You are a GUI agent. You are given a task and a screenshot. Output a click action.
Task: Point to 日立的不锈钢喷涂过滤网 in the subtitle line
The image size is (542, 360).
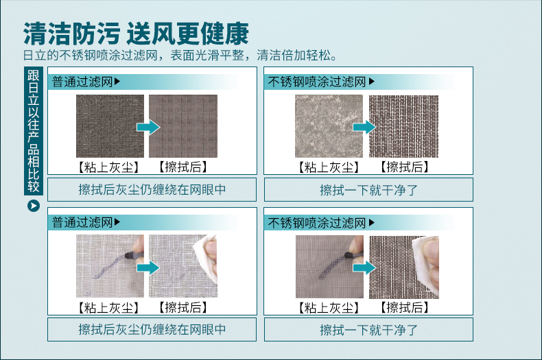(90, 56)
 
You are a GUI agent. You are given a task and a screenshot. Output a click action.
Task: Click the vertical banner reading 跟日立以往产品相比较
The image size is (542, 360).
(34, 131)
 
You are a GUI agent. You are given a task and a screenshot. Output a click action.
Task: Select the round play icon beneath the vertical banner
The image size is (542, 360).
(34, 206)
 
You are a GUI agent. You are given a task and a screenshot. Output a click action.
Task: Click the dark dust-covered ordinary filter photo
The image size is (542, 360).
(110, 126)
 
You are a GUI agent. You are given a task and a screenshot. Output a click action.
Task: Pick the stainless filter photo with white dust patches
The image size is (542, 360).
(329, 126)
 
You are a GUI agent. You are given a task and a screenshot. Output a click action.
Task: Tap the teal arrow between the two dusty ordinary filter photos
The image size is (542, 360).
(148, 127)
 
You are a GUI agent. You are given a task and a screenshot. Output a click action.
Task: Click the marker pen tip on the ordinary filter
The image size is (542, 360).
(128, 256)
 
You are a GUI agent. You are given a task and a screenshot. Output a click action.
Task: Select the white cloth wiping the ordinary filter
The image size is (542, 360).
(205, 257)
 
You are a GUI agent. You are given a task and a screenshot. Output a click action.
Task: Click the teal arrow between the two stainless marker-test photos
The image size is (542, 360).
(364, 267)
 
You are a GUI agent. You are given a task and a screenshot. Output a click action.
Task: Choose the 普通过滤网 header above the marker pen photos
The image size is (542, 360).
(82, 222)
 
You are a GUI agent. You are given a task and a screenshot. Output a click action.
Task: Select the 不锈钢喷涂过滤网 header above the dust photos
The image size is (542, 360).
(317, 82)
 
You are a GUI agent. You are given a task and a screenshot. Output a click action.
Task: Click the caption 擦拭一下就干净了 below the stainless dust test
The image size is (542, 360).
(369, 190)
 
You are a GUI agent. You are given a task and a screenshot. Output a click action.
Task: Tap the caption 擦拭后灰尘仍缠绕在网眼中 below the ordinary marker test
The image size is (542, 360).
(152, 330)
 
